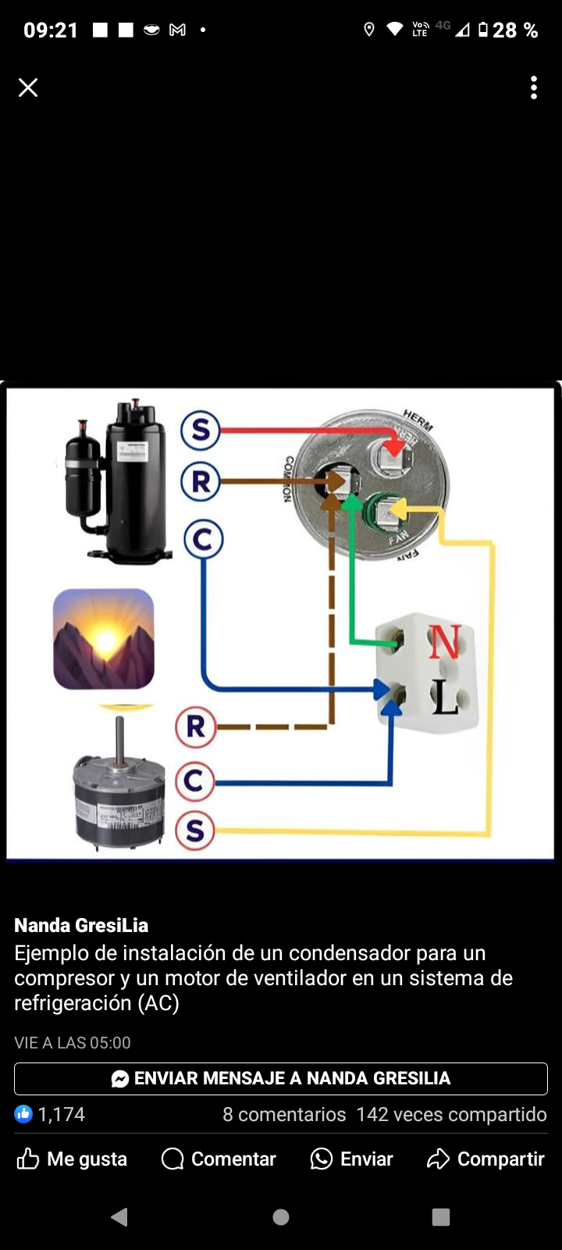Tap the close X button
pyautogui.click(x=28, y=87)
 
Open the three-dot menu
pyautogui.click(x=534, y=87)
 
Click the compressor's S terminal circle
pyautogui.click(x=201, y=430)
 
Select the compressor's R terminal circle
pyautogui.click(x=201, y=481)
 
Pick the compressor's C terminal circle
pyautogui.click(x=203, y=539)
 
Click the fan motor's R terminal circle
pyautogui.click(x=195, y=727)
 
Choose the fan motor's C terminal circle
pyautogui.click(x=194, y=781)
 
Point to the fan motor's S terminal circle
pyautogui.click(x=194, y=830)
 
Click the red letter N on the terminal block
pyautogui.click(x=444, y=642)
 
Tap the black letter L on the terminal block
pyautogui.click(x=445, y=697)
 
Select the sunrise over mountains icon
pyautogui.click(x=104, y=639)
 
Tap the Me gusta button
pyautogui.click(x=72, y=1159)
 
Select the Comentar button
pyautogui.click(x=219, y=1159)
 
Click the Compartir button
pyautogui.click(x=486, y=1159)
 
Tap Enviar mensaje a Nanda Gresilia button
pyautogui.click(x=281, y=1078)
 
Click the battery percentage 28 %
pyautogui.click(x=514, y=30)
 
